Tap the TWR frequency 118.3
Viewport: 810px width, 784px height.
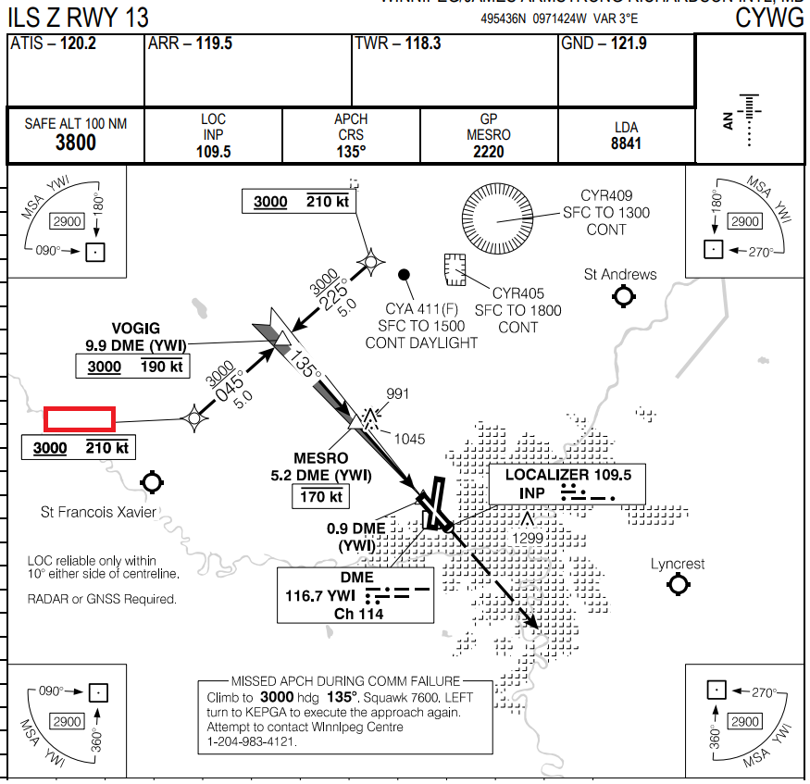[x=422, y=44]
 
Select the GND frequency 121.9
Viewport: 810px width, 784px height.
[x=629, y=44]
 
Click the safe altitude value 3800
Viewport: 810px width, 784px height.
[x=75, y=143]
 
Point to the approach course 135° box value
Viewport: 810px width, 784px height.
[x=351, y=152]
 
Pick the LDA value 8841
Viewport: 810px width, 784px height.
[x=626, y=143]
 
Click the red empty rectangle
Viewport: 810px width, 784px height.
[x=80, y=419]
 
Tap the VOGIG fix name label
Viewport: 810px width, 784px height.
[x=135, y=329]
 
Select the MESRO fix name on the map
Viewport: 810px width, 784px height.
[x=320, y=458]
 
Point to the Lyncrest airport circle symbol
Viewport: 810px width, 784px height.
[x=679, y=584]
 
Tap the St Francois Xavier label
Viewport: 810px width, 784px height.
[x=99, y=512]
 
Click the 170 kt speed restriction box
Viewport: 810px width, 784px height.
[x=320, y=497]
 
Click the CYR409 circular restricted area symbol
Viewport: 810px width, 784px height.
[x=497, y=218]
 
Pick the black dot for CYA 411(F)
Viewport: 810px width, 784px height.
[x=404, y=274]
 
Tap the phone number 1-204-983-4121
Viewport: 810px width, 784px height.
[x=253, y=741]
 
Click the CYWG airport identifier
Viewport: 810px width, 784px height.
[x=769, y=18]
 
